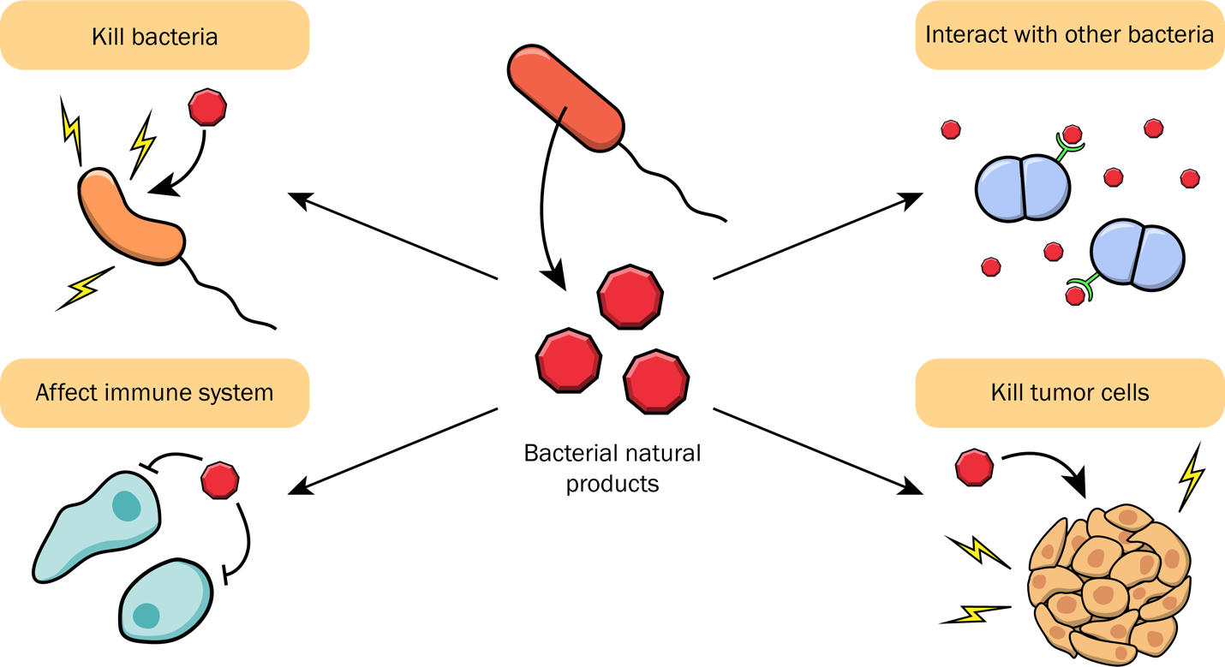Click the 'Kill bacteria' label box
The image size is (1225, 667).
point(155,36)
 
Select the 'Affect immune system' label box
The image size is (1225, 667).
point(155,393)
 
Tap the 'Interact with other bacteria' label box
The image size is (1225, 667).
point(1069,36)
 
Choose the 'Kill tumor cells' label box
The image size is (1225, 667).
point(1069,393)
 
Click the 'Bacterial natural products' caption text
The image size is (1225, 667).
point(612,467)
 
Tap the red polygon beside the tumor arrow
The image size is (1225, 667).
point(974,468)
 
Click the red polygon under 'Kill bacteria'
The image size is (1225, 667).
point(207,107)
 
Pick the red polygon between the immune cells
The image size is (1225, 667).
point(219,479)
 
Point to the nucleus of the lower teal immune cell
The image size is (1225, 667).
point(146,616)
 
